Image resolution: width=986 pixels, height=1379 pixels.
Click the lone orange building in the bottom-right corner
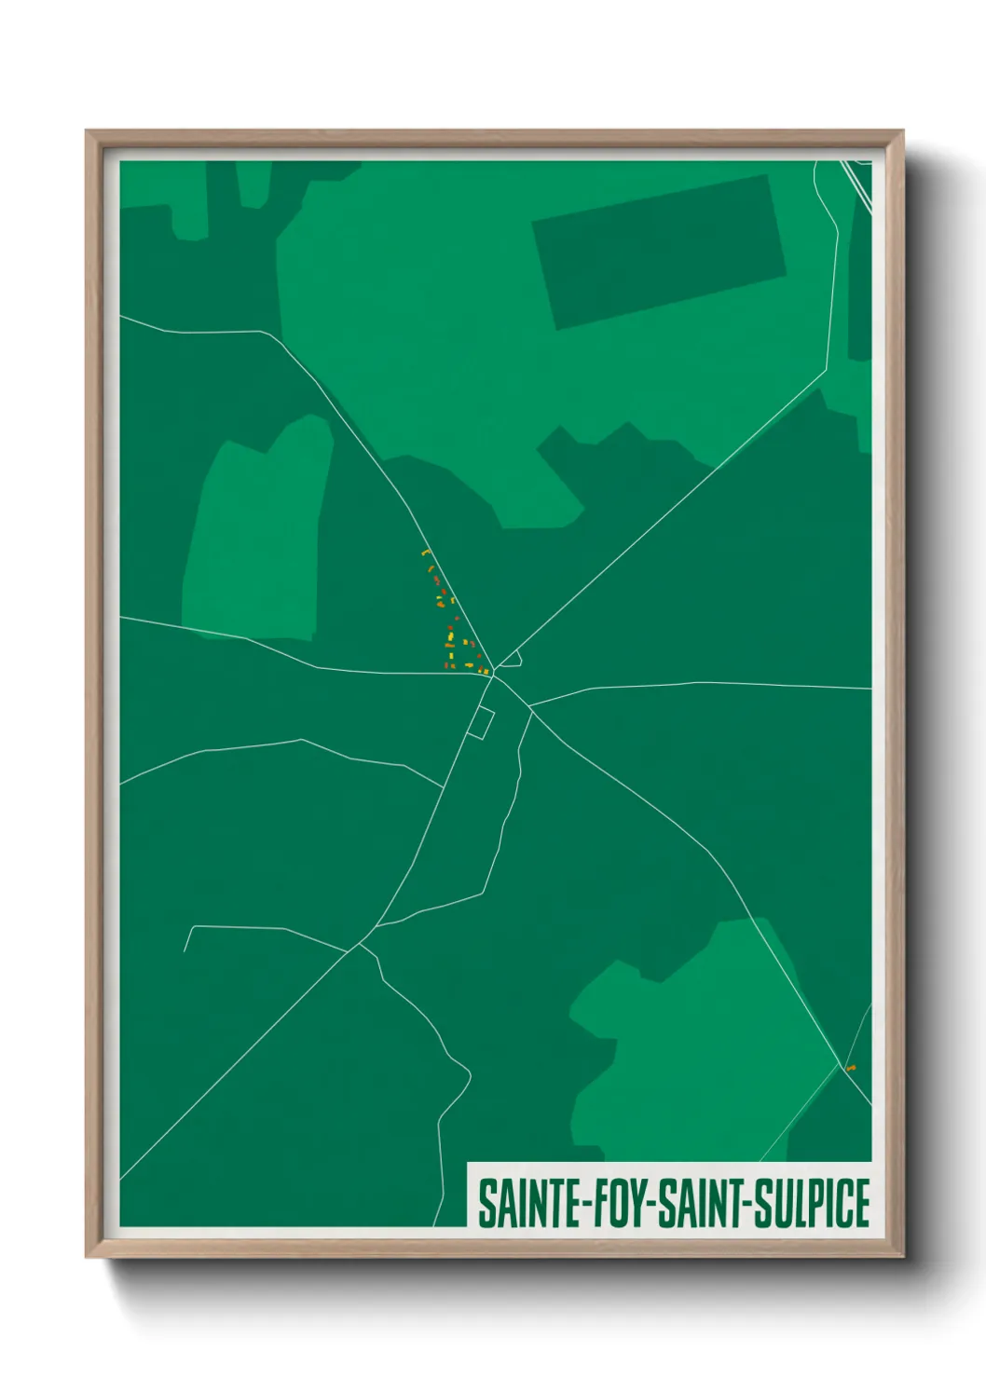point(851,1068)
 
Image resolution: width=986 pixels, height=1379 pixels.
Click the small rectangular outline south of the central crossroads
point(480,723)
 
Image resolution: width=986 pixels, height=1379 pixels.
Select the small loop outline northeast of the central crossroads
point(511,662)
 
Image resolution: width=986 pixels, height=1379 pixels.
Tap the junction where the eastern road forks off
point(530,707)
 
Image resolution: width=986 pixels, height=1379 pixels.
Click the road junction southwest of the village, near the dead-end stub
point(357,948)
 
